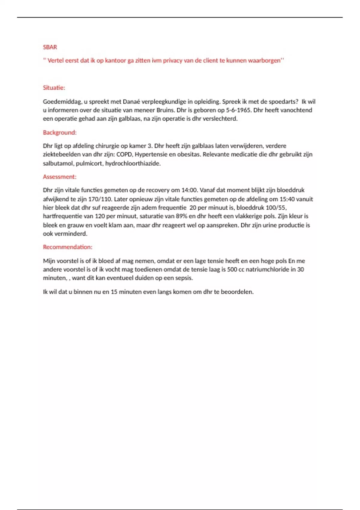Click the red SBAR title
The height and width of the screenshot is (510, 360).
[x=50, y=47]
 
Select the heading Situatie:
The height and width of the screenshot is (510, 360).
[x=54, y=88]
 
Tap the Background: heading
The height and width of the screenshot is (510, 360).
[x=60, y=133]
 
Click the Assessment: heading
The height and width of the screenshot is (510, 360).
[x=60, y=177]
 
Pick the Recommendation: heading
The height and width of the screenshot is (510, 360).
[x=67, y=247]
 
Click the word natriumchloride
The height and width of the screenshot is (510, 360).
[x=271, y=270]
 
